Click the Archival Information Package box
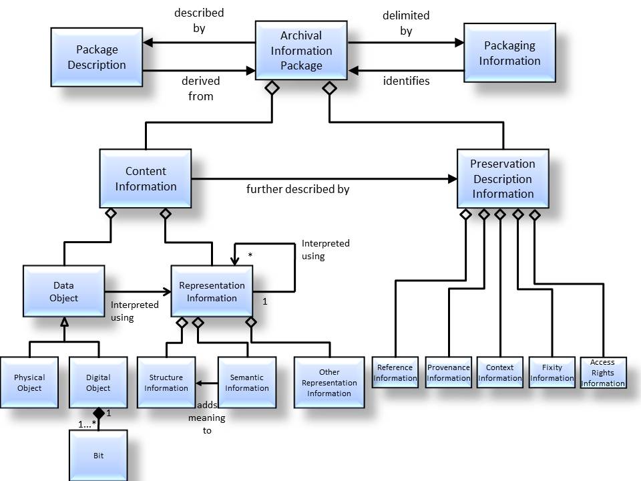point(301,50)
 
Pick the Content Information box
point(146,178)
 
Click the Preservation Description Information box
point(503,178)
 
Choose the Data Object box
point(64,291)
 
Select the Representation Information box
point(212,291)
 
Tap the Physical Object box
point(29,382)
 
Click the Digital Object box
point(98,382)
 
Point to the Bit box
point(98,456)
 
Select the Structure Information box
point(166,382)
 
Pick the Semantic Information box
point(247,382)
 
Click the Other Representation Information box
point(329,382)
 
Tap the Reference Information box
point(395,373)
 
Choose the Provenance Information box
point(449,373)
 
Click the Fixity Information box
point(552,373)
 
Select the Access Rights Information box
point(603,373)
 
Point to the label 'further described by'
point(298,189)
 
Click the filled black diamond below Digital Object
point(99,414)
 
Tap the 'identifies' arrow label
point(406,81)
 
